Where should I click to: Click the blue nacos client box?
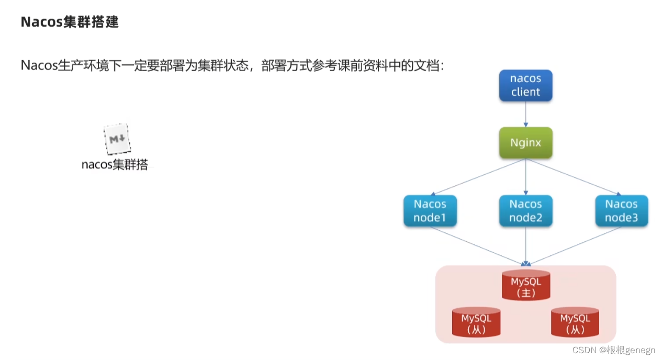click(x=525, y=85)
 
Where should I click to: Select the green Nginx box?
click(x=525, y=142)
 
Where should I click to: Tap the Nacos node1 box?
click(x=430, y=211)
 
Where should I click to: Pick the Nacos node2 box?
click(x=525, y=211)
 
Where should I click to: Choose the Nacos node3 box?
click(x=621, y=211)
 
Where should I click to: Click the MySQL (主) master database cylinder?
click(x=525, y=285)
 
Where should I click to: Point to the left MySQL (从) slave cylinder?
click(x=476, y=322)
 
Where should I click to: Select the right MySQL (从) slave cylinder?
click(x=575, y=322)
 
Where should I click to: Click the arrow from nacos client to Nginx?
click(x=525, y=114)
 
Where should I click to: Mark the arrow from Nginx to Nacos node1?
click(x=479, y=177)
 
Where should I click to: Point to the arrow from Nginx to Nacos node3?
click(x=573, y=177)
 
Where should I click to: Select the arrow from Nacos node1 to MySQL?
click(x=479, y=245)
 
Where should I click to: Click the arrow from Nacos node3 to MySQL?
click(x=573, y=245)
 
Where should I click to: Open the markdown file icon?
click(x=116, y=140)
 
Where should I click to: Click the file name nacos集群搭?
click(x=115, y=164)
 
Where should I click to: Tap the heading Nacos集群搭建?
click(x=70, y=22)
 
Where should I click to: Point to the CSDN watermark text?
click(x=613, y=350)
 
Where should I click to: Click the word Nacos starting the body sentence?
click(x=38, y=66)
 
